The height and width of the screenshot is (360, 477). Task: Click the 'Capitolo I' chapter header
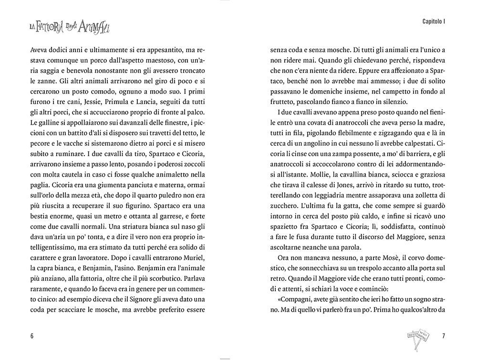[x=434, y=22]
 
